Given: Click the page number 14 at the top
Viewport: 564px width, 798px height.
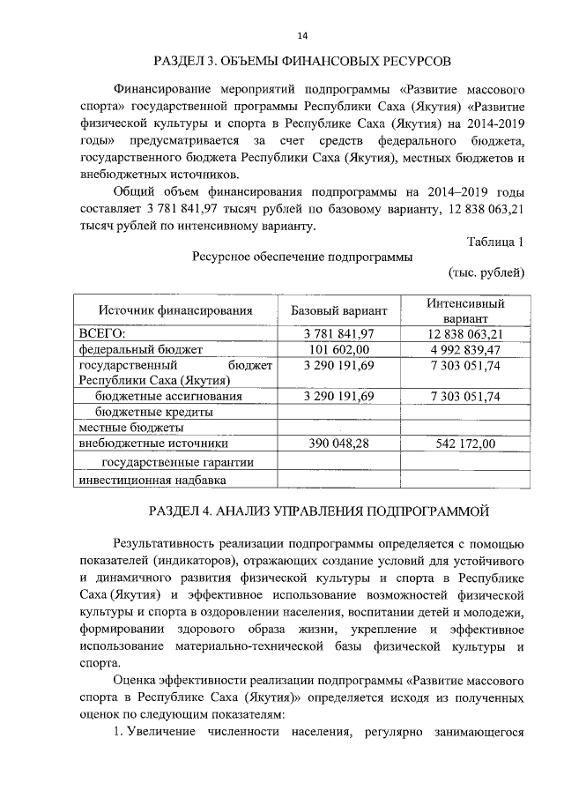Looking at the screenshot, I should pyautogui.click(x=302, y=35).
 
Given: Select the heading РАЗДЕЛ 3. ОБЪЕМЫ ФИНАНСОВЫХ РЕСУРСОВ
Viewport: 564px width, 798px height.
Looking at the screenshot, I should pyautogui.click(x=302, y=62).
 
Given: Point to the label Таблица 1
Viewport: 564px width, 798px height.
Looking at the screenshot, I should pyautogui.click(x=496, y=242).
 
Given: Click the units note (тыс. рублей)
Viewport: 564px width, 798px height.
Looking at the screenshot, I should pyautogui.click(x=486, y=272).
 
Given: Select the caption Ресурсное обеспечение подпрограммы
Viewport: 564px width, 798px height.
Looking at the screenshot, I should pyautogui.click(x=301, y=257).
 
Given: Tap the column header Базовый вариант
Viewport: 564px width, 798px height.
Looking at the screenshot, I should pyautogui.click(x=338, y=310).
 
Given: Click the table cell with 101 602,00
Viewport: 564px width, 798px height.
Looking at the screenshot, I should pyautogui.click(x=338, y=350).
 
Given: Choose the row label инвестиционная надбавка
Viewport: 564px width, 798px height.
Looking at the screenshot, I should pyautogui.click(x=152, y=481).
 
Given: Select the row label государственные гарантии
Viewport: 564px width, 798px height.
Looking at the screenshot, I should pyautogui.click(x=178, y=462).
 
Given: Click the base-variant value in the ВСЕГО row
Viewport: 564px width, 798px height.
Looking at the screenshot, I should pyautogui.click(x=338, y=334).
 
